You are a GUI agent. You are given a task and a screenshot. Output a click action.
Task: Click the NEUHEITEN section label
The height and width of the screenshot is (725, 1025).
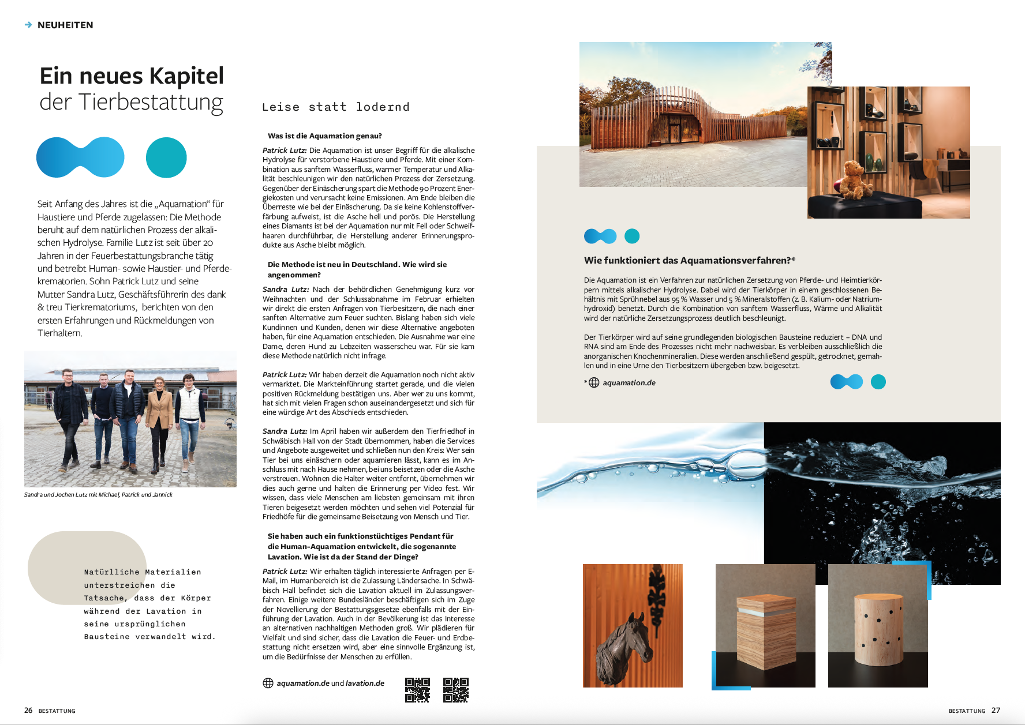[x=65, y=25]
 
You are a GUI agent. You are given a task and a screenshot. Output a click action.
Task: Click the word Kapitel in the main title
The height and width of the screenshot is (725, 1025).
[x=186, y=76]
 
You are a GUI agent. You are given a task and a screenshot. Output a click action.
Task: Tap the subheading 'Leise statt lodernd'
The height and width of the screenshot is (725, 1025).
[x=336, y=107]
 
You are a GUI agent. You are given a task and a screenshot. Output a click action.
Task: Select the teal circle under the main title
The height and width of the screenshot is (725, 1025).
[x=166, y=157]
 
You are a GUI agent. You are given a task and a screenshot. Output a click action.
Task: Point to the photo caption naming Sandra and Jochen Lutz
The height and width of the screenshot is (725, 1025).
[x=98, y=495]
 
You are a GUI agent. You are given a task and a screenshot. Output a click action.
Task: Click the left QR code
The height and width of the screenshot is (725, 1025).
[x=417, y=690]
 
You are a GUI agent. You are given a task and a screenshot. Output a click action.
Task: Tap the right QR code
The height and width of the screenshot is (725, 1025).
[x=455, y=690]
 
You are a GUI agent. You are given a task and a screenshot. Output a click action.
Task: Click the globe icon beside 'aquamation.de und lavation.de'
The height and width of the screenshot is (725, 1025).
[x=268, y=683]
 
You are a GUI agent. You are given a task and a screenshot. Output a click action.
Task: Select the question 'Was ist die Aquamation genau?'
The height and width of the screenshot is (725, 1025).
[x=324, y=136]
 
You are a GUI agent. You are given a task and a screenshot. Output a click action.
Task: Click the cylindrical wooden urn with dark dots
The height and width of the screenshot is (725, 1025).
[x=878, y=630]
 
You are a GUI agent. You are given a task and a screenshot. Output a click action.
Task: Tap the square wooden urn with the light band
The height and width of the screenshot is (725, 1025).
[x=765, y=632]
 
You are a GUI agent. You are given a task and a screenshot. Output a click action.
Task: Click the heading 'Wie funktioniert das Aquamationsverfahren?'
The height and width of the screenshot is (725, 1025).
[x=690, y=261]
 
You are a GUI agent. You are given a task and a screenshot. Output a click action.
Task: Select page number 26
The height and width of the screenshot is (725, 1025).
[x=28, y=711]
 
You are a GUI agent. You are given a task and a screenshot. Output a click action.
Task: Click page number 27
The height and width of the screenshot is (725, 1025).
[x=996, y=711]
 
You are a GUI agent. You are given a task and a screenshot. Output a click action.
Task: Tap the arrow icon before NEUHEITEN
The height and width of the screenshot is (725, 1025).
[x=28, y=25]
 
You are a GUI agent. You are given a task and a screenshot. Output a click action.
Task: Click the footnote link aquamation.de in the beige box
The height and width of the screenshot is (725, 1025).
[x=629, y=383]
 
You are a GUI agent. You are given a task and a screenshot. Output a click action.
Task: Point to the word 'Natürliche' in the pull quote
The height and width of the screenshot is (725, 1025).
[x=111, y=572]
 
